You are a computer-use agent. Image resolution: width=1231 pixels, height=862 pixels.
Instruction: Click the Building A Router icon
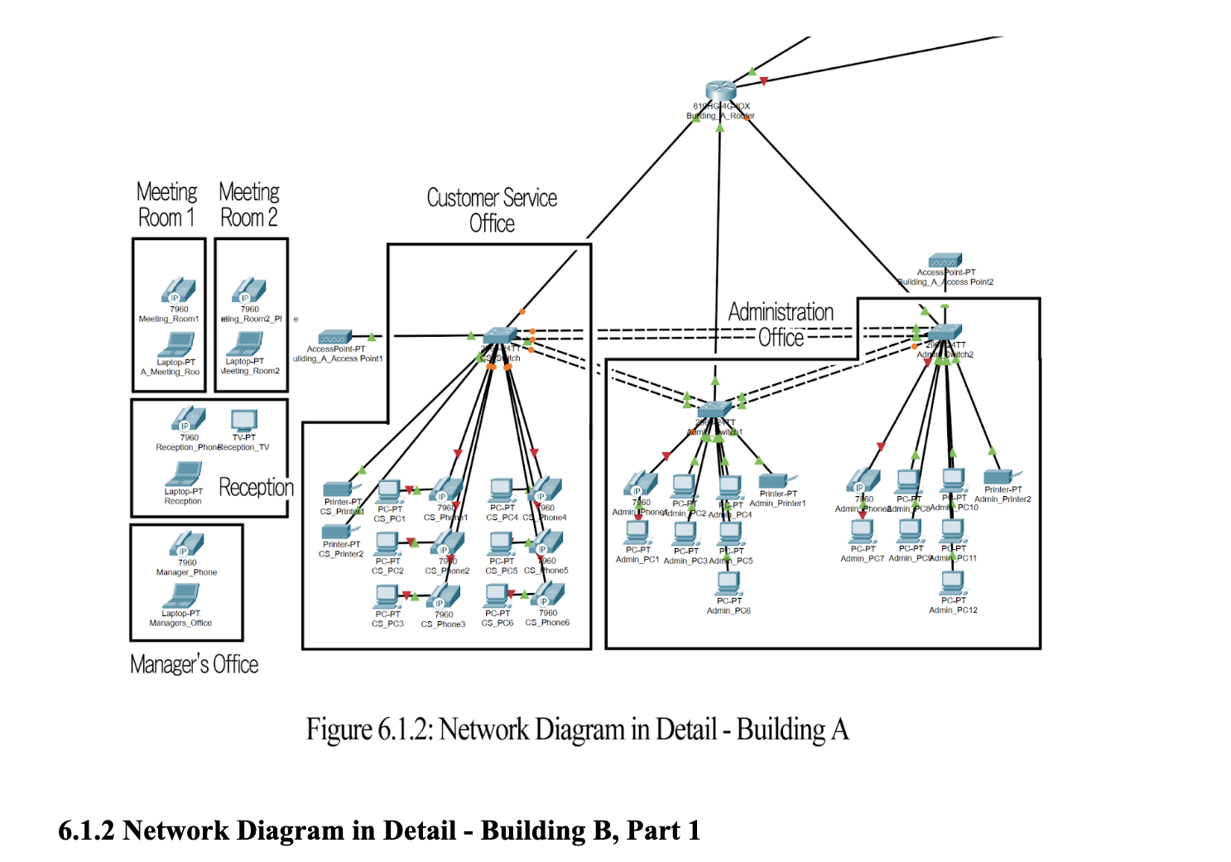click(x=721, y=91)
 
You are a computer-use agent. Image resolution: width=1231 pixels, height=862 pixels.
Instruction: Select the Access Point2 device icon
click(x=945, y=260)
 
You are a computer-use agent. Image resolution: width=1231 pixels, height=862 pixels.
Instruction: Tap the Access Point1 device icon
click(x=335, y=337)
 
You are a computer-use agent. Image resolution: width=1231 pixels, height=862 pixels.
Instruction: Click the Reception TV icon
click(x=244, y=420)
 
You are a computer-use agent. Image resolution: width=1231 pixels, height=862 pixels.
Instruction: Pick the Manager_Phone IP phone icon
click(x=187, y=544)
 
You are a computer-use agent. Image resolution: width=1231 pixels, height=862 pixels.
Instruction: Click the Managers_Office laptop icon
click(x=182, y=595)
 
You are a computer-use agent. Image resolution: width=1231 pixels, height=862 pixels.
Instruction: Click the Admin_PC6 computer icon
click(x=729, y=584)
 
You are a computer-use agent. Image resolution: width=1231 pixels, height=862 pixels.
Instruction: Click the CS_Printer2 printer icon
click(x=338, y=531)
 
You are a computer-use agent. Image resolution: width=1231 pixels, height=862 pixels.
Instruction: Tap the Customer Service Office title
click(x=492, y=210)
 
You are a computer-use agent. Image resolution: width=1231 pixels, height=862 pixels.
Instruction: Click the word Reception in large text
click(x=256, y=487)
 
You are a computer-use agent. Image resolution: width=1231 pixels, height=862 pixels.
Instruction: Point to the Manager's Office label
click(x=194, y=664)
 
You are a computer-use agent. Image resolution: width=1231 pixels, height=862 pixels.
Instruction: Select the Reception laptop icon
click(x=184, y=474)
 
